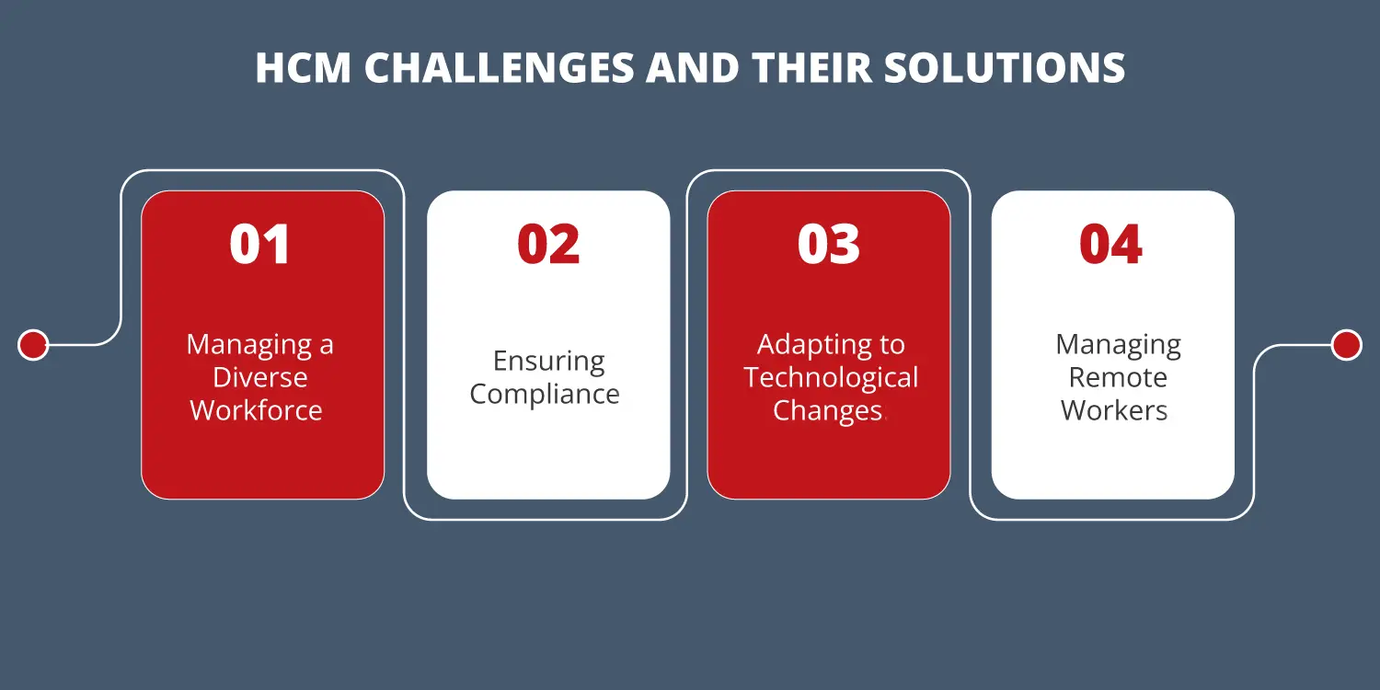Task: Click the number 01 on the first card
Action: coord(260,245)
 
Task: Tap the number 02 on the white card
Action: coord(548,245)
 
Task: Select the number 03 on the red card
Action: coord(829,245)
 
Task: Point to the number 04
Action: coord(1111,245)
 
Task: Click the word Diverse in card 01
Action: coord(260,377)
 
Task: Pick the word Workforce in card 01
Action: coord(257,410)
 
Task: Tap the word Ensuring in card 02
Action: coord(548,361)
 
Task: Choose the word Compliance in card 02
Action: coord(545,394)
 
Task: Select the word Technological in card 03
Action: coord(831,377)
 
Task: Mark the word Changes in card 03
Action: coord(827,410)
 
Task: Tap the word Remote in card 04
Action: coord(1118,377)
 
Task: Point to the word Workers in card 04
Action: coord(1114,410)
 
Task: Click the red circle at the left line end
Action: coord(33,345)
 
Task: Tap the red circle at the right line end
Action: coord(1346,345)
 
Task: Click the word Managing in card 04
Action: coord(1118,345)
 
